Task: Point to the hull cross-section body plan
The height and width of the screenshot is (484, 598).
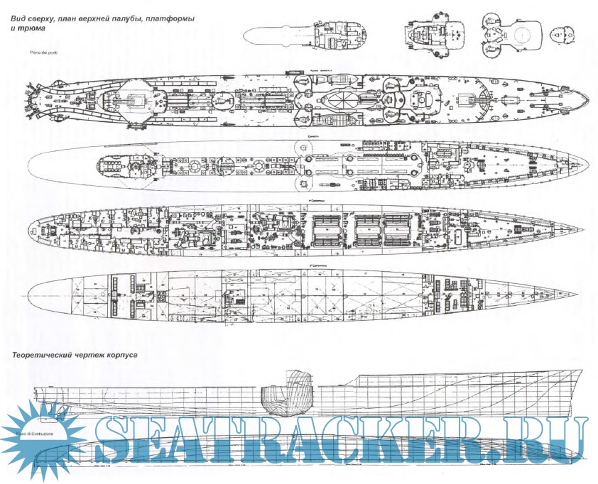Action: pos(288,395)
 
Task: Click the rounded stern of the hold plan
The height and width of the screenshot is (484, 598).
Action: pos(28,293)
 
